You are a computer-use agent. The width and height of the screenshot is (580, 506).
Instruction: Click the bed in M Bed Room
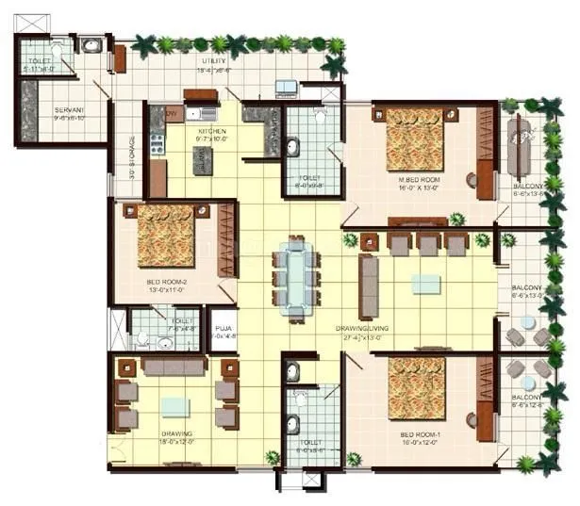pyautogui.click(x=414, y=137)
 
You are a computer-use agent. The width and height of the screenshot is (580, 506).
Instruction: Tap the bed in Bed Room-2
pyautogui.click(x=166, y=236)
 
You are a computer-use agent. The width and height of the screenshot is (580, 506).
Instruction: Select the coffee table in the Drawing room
pyautogui.click(x=174, y=407)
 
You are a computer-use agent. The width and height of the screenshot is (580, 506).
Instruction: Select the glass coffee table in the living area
pyautogui.click(x=425, y=284)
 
